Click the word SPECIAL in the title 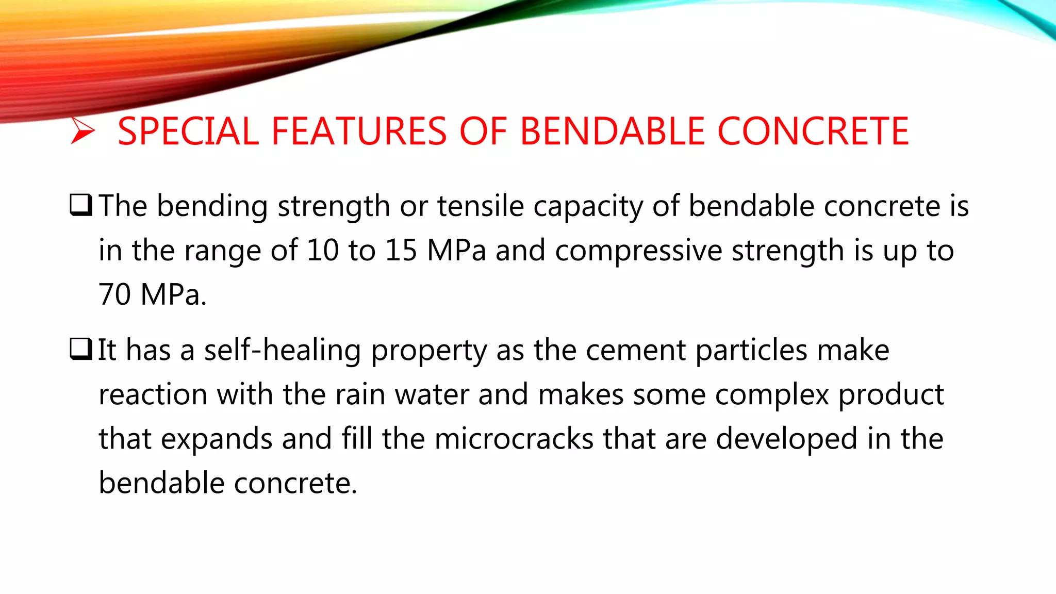[x=188, y=131]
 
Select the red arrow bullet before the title [x=82, y=130]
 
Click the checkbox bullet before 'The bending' [x=81, y=205]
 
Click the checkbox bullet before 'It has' [x=81, y=349]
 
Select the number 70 [x=114, y=295]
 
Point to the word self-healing [x=283, y=351]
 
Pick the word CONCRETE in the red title [x=813, y=131]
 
